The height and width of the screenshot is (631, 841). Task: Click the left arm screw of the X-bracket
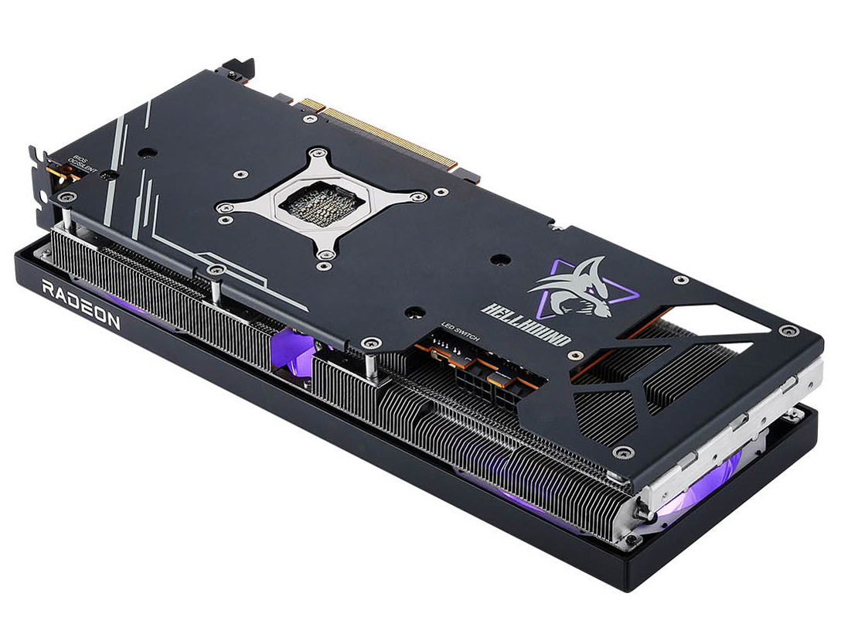pos(222,206)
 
